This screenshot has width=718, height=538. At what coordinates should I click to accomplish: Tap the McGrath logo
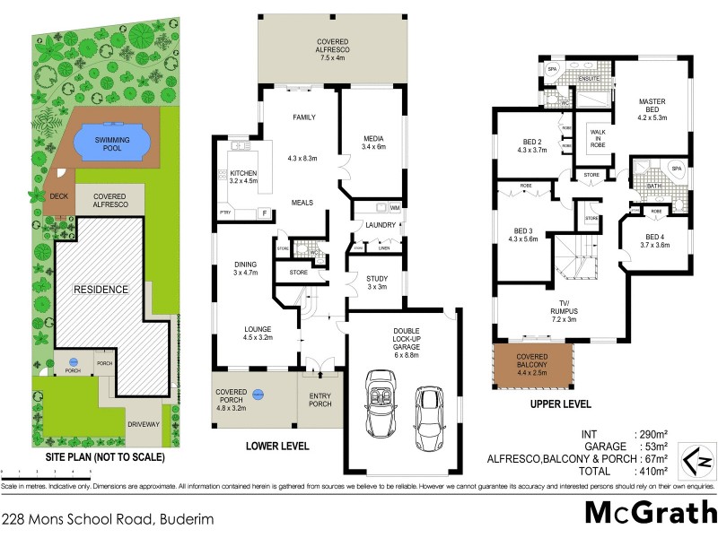[650, 512]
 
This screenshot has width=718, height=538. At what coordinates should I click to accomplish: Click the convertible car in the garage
[377, 412]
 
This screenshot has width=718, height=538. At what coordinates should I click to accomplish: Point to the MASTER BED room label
[653, 108]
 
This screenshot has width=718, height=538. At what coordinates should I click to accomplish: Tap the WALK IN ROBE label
[597, 137]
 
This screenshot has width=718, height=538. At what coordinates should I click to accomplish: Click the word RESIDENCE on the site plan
[101, 289]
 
